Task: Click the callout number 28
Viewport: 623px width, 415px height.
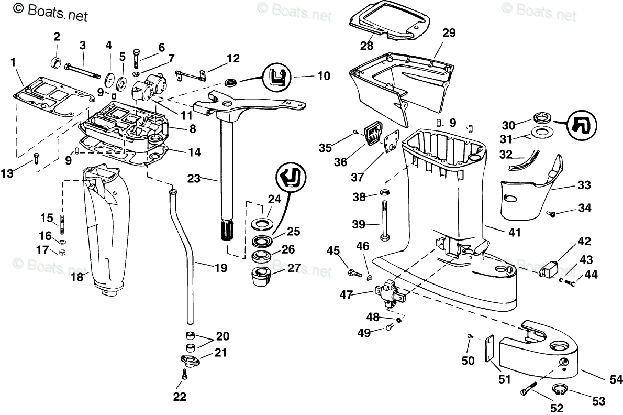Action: [366, 45]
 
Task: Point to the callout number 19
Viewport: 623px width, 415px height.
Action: [220, 268]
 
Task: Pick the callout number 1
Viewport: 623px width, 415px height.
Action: [13, 62]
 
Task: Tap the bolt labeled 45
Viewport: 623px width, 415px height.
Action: [354, 272]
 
